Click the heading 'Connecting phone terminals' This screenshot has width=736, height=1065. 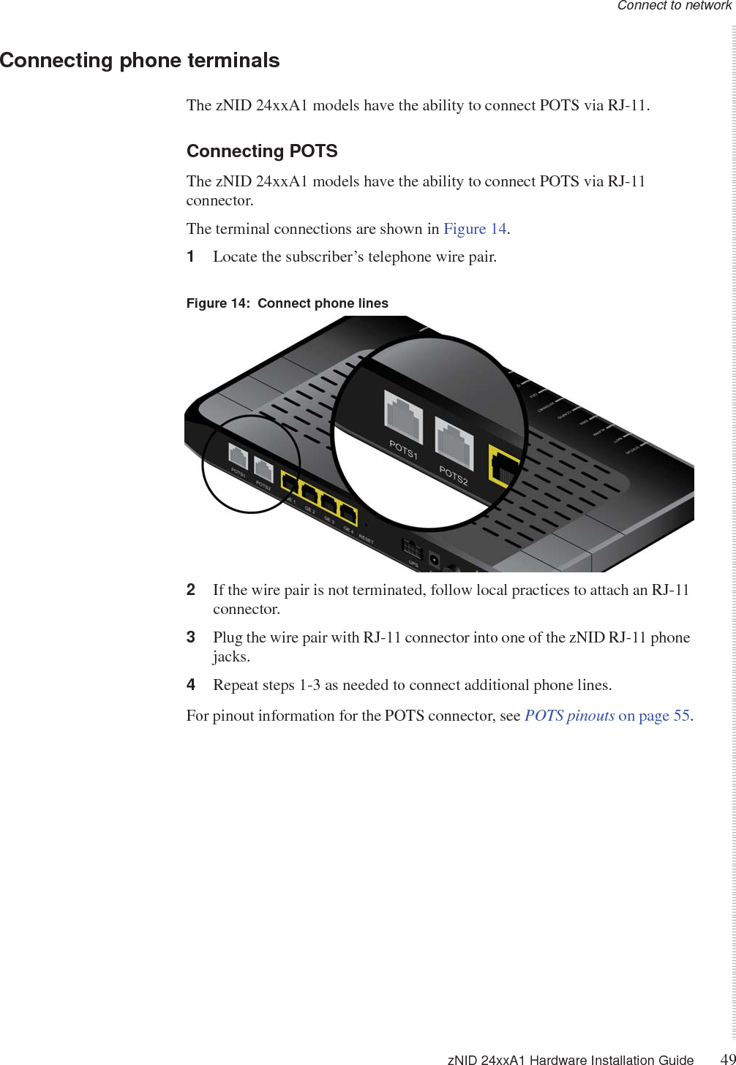click(x=140, y=60)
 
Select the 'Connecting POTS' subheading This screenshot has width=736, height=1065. click(x=262, y=151)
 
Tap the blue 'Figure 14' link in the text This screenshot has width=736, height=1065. click(x=475, y=229)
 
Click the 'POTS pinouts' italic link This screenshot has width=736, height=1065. click(x=569, y=716)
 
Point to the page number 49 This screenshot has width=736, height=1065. click(x=727, y=1059)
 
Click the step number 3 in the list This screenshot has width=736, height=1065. click(x=191, y=637)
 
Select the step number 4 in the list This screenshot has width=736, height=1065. click(x=191, y=685)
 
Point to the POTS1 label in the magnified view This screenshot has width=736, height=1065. click(x=403, y=450)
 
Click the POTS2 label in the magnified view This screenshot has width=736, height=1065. click(x=454, y=475)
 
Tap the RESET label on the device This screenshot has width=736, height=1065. click(x=366, y=539)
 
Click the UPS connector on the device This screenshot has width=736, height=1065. click(x=412, y=548)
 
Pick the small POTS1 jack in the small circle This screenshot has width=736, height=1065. click(x=239, y=458)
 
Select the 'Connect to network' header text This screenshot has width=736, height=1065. click(x=674, y=6)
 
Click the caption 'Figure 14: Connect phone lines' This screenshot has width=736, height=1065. click(x=288, y=303)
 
